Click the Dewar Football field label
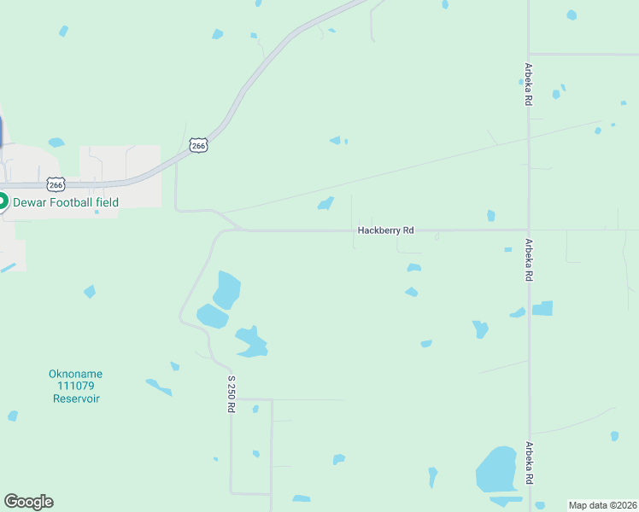65,202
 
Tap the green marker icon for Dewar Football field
3,202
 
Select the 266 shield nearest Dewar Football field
56,184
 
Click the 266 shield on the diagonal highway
198,145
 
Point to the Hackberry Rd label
385,230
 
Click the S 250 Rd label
231,393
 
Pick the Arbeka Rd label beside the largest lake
530,463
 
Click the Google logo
28,502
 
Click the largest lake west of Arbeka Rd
495,469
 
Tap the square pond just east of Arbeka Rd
542,308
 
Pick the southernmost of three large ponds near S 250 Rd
251,342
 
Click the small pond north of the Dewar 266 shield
56,143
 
